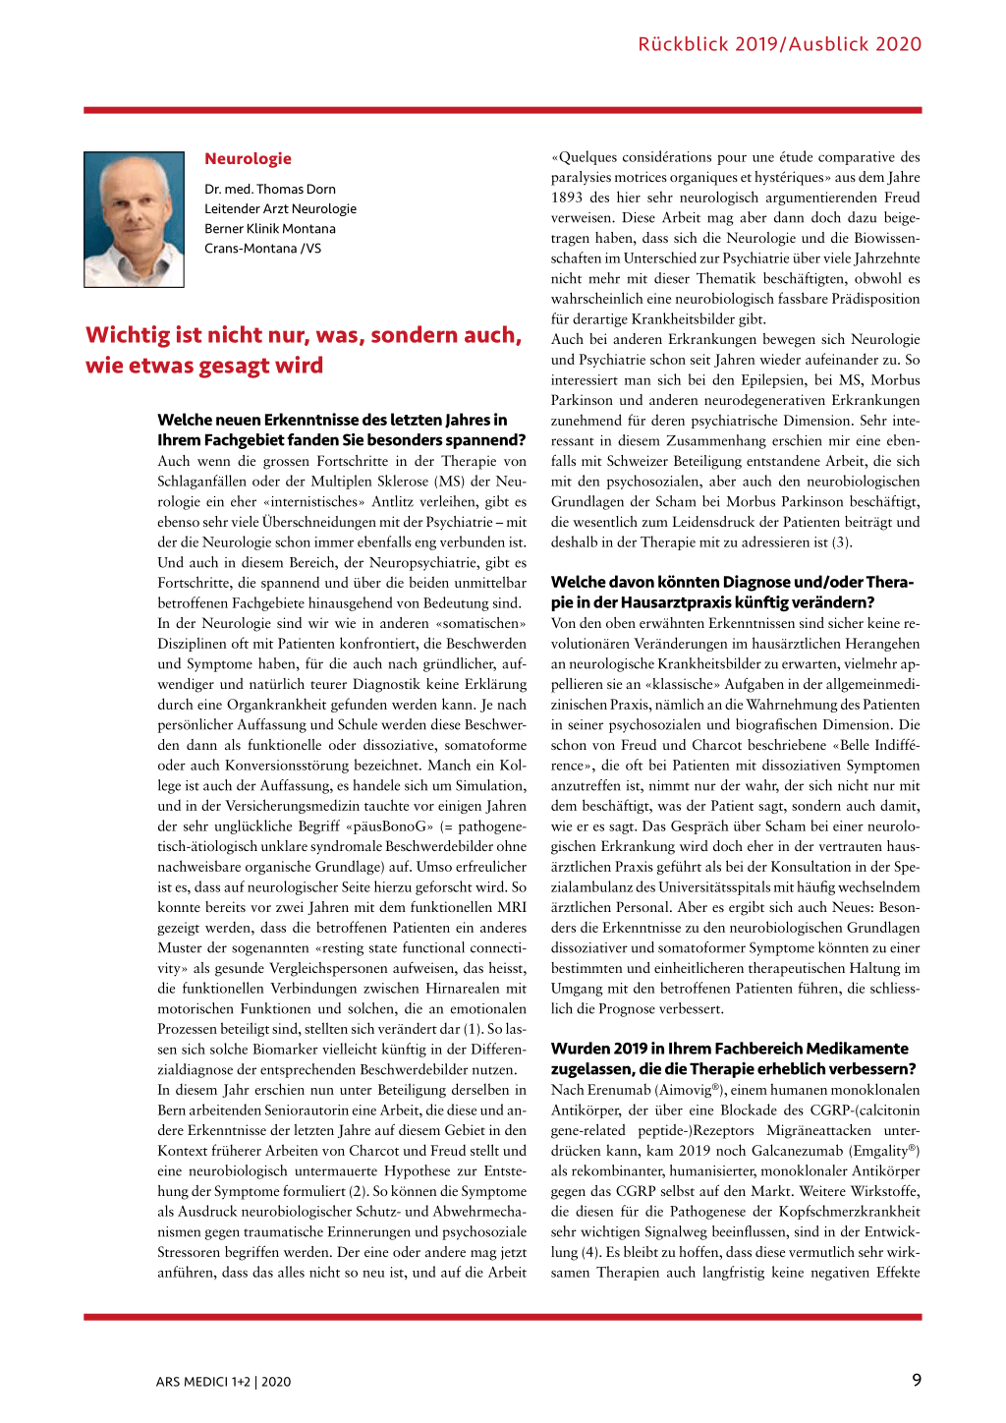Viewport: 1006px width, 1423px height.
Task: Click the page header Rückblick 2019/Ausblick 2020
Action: [779, 44]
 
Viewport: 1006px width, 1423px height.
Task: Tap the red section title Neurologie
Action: [248, 159]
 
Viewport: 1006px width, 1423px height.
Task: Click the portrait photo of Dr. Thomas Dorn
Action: [135, 219]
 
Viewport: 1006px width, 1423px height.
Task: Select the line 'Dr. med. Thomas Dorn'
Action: [270, 190]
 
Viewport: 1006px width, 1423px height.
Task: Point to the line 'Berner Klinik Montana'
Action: [270, 229]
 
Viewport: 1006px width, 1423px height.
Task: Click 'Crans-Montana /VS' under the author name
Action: [262, 249]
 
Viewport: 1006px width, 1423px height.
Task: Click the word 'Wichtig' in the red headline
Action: [127, 336]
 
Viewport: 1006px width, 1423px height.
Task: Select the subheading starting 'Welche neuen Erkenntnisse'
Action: [341, 430]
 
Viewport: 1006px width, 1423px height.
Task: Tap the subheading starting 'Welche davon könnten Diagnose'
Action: [732, 593]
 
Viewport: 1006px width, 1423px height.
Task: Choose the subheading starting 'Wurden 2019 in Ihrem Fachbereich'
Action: [733, 1059]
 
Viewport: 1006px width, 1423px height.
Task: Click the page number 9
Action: [917, 1380]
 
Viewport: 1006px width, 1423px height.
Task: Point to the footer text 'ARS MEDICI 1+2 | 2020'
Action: [223, 1382]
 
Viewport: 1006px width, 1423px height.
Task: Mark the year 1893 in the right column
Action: [567, 198]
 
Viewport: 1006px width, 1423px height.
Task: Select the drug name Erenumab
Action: [621, 1090]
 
